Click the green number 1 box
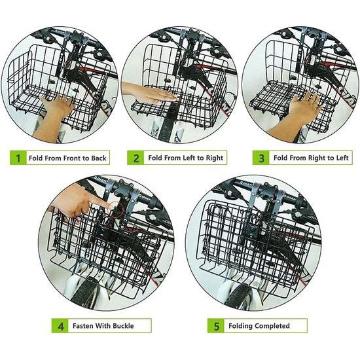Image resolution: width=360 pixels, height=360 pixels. point(18,158)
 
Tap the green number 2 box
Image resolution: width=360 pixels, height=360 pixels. point(135,158)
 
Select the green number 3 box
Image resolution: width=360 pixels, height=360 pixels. point(261,158)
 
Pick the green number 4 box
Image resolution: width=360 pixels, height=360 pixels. point(60,325)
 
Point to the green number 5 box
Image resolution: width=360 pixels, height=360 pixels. point(216,325)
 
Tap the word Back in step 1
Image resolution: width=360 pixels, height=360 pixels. point(99,158)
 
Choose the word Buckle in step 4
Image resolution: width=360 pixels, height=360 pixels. point(123,326)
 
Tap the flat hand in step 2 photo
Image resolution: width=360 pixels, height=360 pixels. point(149,92)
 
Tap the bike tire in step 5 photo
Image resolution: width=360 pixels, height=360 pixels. point(239,296)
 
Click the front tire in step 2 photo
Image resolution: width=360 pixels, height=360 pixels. point(167,123)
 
